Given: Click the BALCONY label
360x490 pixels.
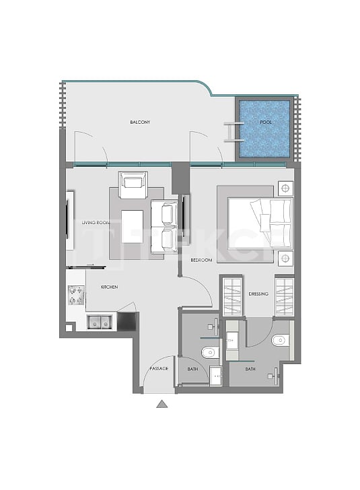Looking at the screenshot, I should (140, 123).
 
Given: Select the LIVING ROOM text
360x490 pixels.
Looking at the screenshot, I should (96, 222).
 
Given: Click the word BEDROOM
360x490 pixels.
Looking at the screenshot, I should (201, 260).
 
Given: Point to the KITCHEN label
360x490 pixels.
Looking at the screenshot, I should (109, 287).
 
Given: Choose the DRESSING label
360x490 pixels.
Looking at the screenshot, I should (258, 294).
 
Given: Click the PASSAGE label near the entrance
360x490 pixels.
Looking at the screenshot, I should (159, 370).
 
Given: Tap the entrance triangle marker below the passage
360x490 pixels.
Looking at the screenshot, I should (161, 404).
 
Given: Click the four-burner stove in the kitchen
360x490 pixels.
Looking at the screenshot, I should (75, 295).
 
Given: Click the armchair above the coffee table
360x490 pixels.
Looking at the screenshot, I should (133, 185).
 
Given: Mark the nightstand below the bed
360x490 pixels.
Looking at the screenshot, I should (285, 258).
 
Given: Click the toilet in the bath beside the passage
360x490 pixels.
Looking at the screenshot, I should (210, 351).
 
